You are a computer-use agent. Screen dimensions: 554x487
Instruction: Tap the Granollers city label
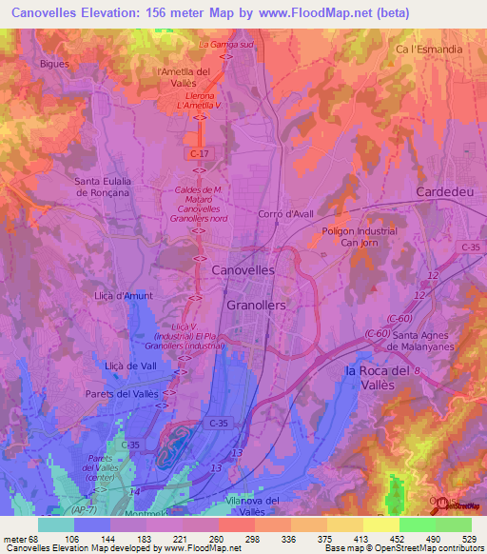pos(257,305)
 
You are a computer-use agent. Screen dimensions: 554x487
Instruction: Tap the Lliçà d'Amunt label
pos(124,297)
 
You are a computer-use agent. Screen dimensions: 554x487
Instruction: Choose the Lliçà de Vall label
pos(129,366)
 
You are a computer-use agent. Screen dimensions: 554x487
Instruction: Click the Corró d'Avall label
pos(285,214)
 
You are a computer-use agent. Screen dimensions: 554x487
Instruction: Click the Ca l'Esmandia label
pos(430,49)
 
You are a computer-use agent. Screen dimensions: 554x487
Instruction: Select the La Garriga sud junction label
pos(225,45)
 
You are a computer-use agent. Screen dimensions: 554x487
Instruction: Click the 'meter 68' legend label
pos(23,538)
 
